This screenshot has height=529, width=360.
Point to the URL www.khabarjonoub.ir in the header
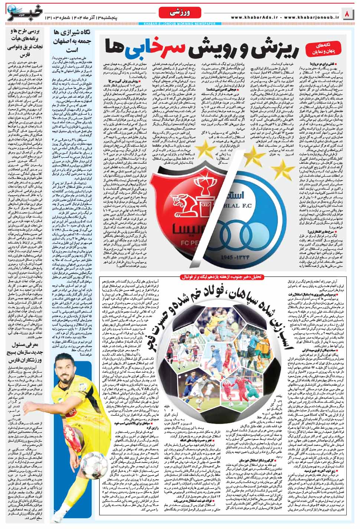click(x=311, y=17)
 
